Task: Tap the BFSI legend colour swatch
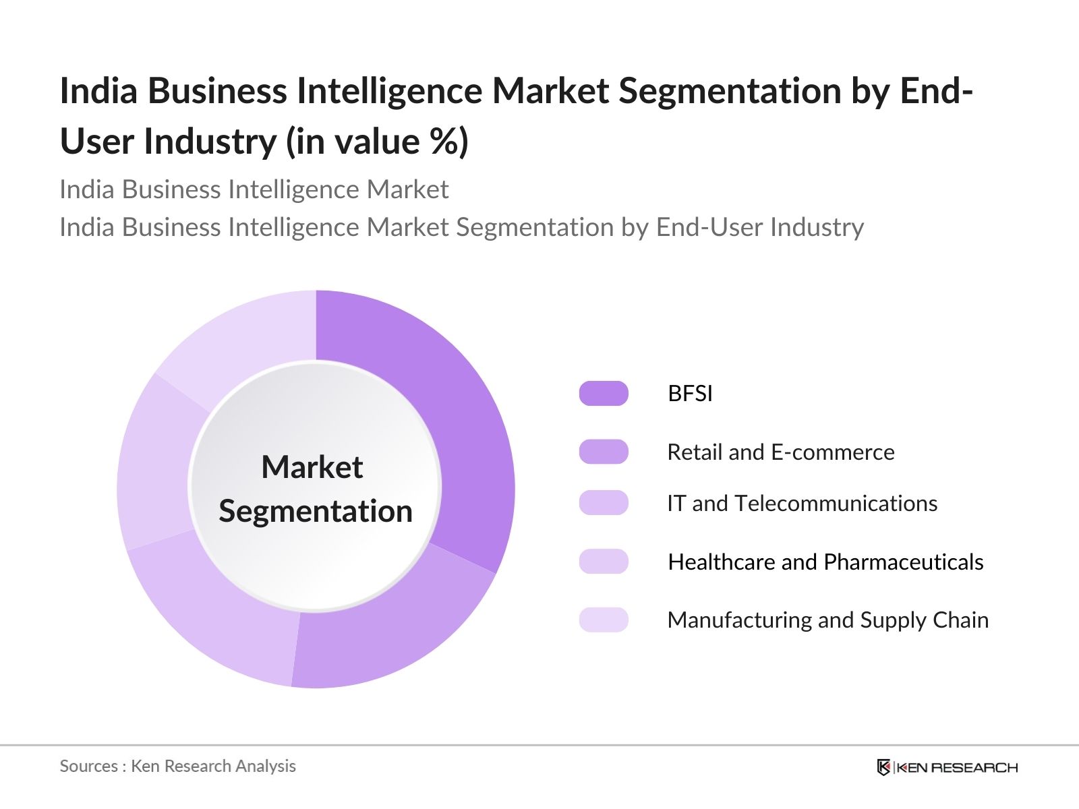pos(604,393)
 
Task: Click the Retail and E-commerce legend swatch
pos(604,452)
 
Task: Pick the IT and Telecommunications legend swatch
pos(604,503)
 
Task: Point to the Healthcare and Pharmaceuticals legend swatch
pos(604,562)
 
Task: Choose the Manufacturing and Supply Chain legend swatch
pos(604,620)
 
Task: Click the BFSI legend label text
pos(690,393)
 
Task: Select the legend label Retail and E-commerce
pos(780,452)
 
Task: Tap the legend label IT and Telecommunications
pos(802,503)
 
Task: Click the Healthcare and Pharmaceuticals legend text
pos(825,562)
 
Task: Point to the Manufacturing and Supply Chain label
pos(827,620)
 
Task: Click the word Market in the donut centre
pos(312,467)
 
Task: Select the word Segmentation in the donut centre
pos(316,511)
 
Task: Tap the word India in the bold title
pos(99,90)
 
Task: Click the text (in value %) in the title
pos(377,142)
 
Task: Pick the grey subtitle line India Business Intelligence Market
pos(254,189)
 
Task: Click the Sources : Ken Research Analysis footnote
pos(177,766)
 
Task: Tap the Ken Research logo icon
pos(883,767)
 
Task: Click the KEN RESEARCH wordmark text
pos(957,767)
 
